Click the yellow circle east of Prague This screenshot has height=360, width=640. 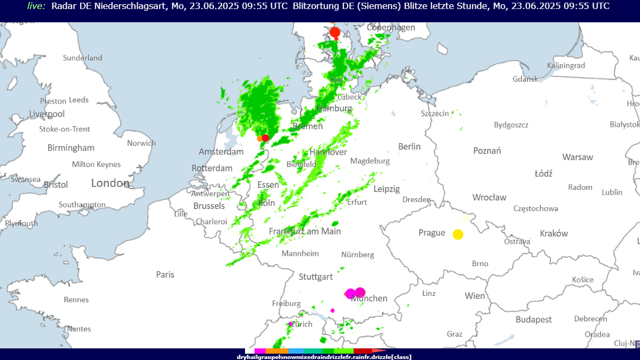(x=458, y=234)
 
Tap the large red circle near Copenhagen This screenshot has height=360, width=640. (x=335, y=32)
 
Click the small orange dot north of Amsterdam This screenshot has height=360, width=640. (x=260, y=138)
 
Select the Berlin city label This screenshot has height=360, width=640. (x=409, y=147)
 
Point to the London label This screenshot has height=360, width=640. (x=110, y=183)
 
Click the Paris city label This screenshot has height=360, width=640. (x=165, y=275)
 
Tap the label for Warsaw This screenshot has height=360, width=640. (x=578, y=157)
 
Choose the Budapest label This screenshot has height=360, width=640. (x=534, y=320)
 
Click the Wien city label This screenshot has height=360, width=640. (x=474, y=296)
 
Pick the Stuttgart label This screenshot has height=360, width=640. (x=316, y=277)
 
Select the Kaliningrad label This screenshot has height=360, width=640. (x=566, y=66)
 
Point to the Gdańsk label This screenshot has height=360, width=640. (x=525, y=79)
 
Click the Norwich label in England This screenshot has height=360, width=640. (x=141, y=143)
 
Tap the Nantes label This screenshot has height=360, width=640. (x=79, y=329)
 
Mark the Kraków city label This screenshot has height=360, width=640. (x=554, y=234)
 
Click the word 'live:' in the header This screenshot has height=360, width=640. (x=36, y=6)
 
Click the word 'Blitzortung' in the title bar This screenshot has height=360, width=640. (x=314, y=6)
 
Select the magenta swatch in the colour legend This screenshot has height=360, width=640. (x=260, y=352)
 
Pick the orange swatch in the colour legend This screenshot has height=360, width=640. (x=277, y=352)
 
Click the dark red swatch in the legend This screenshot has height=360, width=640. (x=362, y=352)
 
